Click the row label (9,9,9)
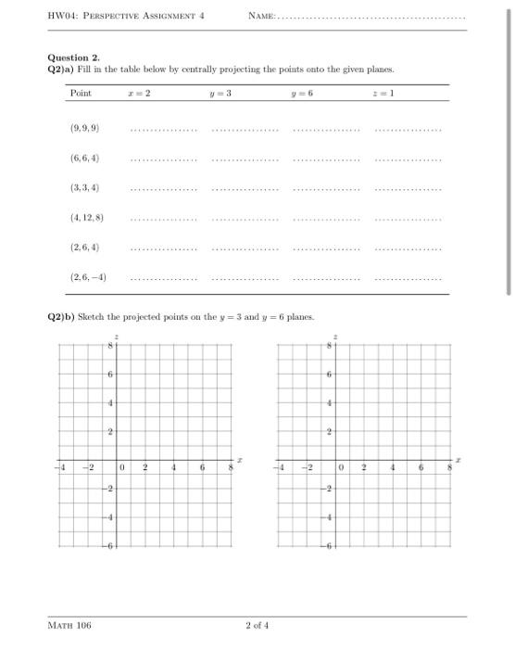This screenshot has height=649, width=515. point(84,128)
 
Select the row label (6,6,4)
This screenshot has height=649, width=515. point(84,158)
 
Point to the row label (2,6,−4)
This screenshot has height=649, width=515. point(88,277)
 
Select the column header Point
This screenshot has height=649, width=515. point(82,94)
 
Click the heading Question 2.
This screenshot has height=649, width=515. point(74,57)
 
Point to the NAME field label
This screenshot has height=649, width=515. point(263,17)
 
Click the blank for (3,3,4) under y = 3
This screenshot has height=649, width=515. point(245,190)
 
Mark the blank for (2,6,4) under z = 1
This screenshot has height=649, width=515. point(408,249)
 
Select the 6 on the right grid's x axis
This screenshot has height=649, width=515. point(421,468)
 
